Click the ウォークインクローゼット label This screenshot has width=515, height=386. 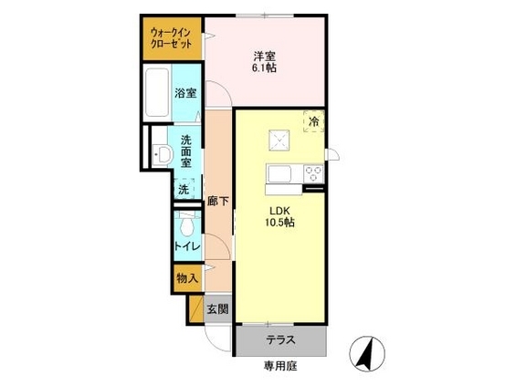click(171, 38)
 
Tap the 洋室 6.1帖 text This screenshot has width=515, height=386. click(264, 62)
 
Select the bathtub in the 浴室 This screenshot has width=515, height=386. click(157, 92)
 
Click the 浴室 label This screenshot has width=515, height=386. click(185, 93)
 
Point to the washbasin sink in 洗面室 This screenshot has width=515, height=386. click(163, 154)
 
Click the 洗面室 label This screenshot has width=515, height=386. click(186, 151)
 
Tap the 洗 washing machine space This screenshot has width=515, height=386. click(184, 189)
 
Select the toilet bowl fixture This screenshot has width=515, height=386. click(186, 224)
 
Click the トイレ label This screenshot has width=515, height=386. click(187, 246)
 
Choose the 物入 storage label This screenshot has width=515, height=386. click(187, 278)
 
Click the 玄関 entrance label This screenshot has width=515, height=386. click(217, 308)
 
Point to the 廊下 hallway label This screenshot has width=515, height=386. click(217, 201)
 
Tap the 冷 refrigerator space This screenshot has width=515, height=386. click(314, 121)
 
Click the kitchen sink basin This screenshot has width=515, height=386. click(279, 174)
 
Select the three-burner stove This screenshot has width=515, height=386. click(314, 174)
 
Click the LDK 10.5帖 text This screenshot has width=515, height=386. click(279, 216)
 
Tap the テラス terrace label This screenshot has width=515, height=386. click(281, 340)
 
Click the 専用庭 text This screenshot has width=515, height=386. click(280, 366)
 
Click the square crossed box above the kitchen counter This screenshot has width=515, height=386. click(279, 141)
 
